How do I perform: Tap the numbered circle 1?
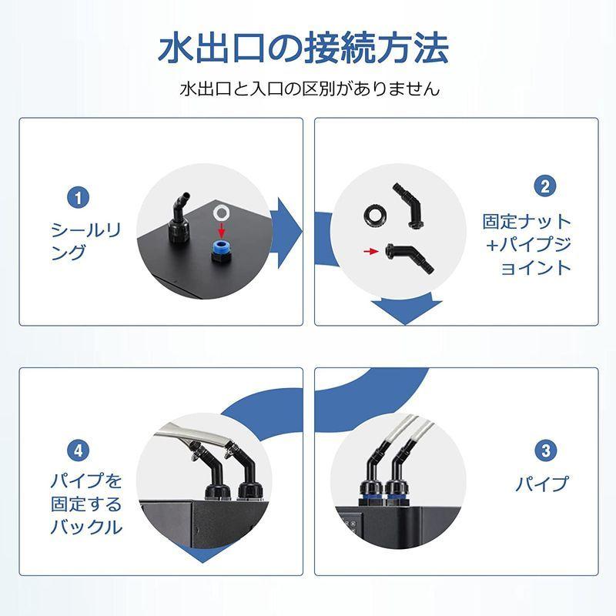77,197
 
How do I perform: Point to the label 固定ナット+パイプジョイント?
527,244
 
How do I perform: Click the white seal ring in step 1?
222,211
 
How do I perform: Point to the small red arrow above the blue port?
223,229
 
